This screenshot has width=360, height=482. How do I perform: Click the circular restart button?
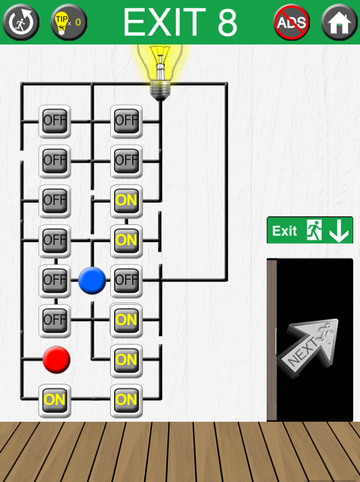pos(21,22)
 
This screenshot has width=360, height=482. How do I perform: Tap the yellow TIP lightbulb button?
pos(69,22)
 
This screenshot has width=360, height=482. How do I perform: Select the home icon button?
pos(339,22)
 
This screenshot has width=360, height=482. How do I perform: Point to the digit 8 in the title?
pos(225,22)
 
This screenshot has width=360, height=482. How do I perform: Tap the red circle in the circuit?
pos(56,359)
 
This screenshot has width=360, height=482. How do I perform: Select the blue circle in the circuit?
pos(92,280)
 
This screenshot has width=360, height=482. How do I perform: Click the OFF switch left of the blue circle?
pos(55,280)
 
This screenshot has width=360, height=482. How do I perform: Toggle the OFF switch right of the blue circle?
pos(126,280)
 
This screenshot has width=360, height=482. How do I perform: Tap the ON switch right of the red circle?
pos(126,359)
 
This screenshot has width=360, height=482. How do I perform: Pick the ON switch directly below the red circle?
pos(55,400)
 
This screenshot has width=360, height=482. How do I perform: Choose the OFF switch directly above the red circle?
pos(55,320)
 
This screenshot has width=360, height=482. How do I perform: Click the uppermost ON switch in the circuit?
pos(126,200)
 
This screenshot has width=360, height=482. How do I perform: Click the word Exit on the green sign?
pos(285,231)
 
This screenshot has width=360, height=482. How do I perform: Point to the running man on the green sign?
pos(314,230)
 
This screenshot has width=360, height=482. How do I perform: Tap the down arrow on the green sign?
pos(339,230)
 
